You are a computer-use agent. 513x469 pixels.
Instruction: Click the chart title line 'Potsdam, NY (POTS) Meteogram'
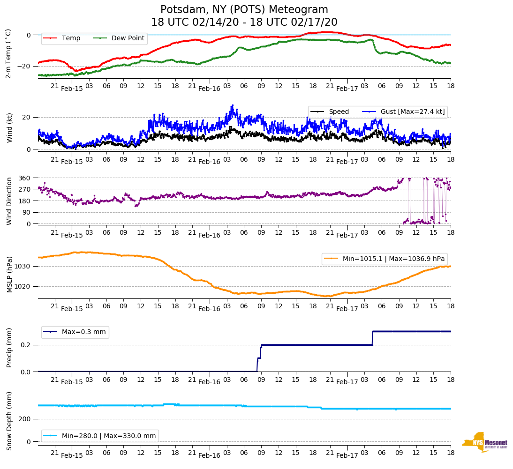244,10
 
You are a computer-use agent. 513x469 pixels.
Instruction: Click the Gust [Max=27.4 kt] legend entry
406,112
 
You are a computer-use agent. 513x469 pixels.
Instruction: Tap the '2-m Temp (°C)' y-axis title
8,53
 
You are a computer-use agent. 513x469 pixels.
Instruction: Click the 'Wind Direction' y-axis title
9,201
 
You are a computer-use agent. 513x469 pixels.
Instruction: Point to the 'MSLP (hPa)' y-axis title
9,275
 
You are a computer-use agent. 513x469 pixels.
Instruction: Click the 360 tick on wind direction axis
25,178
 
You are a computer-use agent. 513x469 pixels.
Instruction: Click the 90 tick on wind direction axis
27,212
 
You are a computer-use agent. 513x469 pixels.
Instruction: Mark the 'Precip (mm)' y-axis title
9,348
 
